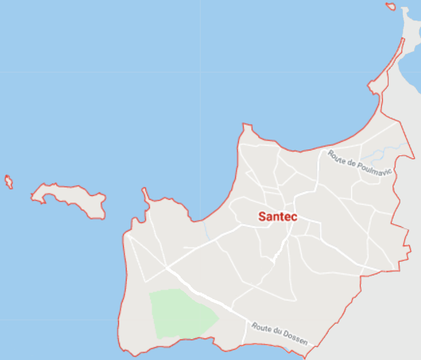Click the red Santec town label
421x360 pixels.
click(x=277, y=217)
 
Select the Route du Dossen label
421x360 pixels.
click(x=280, y=334)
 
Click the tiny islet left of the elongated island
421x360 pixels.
click(x=8, y=182)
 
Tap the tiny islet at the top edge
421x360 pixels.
click(x=391, y=7)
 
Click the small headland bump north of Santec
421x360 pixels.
click(x=247, y=129)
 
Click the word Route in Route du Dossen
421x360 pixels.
click(x=261, y=328)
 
